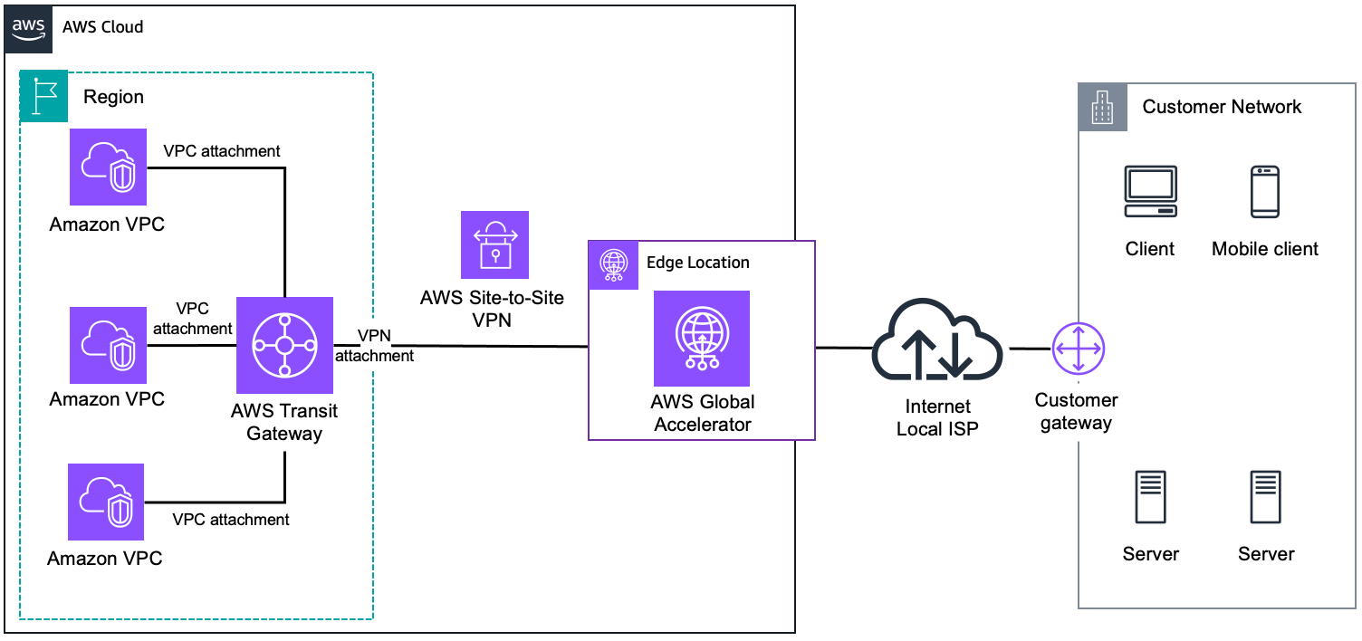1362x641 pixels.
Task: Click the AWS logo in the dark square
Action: click(x=28, y=28)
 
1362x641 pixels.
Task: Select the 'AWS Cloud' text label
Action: click(x=102, y=27)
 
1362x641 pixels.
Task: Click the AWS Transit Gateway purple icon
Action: click(x=284, y=345)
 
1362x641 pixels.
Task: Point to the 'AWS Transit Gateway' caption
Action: click(x=284, y=422)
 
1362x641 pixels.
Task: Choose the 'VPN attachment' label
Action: click(x=374, y=346)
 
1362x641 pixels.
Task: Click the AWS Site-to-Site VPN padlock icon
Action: click(x=494, y=244)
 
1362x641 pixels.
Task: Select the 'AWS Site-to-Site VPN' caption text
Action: click(x=493, y=308)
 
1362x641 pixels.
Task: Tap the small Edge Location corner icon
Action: click(x=614, y=264)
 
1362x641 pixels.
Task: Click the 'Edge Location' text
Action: click(x=697, y=263)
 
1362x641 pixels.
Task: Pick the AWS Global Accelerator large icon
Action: click(x=702, y=339)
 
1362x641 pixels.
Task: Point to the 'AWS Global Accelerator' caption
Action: click(x=702, y=413)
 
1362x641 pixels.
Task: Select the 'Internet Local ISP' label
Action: click(x=937, y=417)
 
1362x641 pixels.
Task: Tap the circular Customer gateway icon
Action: click(x=1078, y=349)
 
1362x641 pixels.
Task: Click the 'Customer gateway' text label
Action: click(x=1076, y=411)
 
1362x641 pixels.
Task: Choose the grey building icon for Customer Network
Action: click(x=1101, y=107)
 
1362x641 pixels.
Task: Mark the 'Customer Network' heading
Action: click(x=1222, y=107)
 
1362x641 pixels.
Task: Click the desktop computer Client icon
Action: click(x=1150, y=191)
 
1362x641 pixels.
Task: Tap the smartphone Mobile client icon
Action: click(x=1265, y=191)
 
